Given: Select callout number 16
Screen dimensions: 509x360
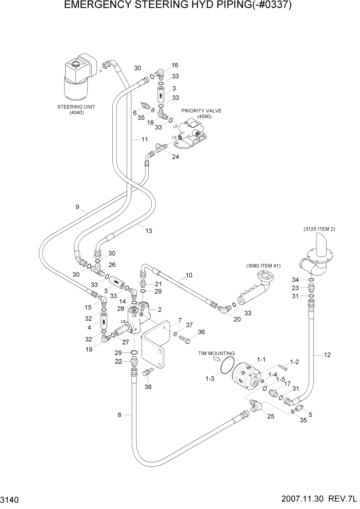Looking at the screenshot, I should tap(175, 65).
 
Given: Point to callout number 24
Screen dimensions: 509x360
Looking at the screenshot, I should tap(175, 156).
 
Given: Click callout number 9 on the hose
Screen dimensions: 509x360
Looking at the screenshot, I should tap(77, 207).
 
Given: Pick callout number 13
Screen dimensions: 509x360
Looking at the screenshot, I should tap(149, 231).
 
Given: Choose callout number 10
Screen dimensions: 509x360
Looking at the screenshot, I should tap(189, 276).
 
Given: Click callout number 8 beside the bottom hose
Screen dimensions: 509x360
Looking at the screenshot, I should tap(120, 415).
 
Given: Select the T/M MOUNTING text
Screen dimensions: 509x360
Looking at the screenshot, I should tap(216, 354).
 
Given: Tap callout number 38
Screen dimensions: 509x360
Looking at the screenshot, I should tap(148, 387).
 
